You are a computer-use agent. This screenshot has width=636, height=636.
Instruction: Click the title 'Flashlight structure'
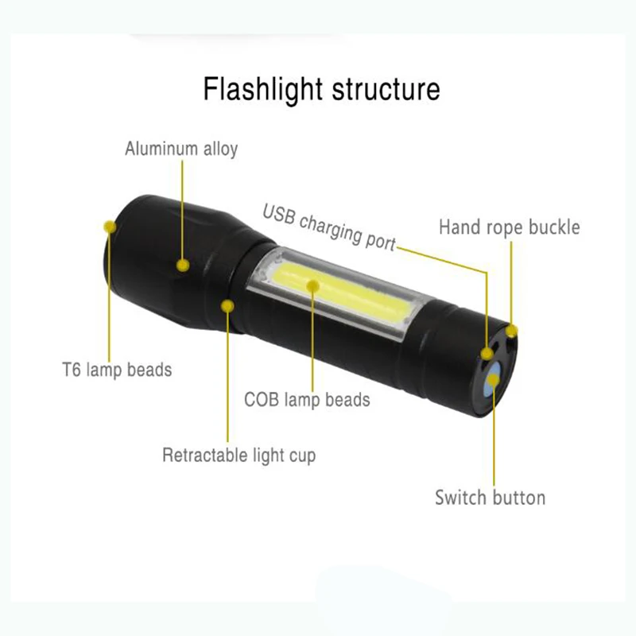click(320, 88)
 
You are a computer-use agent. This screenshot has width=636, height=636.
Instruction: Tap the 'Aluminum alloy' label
click(181, 149)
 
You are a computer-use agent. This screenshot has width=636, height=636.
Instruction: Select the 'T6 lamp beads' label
click(117, 370)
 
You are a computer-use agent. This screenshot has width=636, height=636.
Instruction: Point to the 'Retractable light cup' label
click(238, 456)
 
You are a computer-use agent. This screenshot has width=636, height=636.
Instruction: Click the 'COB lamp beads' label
click(307, 398)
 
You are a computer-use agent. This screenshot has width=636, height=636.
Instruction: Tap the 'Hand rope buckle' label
click(510, 227)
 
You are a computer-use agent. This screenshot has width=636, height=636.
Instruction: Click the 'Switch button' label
click(490, 498)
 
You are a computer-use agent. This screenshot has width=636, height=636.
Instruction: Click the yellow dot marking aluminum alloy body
click(184, 265)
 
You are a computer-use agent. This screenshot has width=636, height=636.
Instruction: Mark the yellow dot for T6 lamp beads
click(110, 227)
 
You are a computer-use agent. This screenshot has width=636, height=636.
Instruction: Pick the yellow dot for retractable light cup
click(228, 304)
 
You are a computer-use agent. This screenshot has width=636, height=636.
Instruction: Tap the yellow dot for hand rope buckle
click(512, 330)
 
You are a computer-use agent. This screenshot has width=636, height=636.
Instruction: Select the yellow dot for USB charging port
click(487, 353)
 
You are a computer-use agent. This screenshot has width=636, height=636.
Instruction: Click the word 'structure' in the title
click(381, 88)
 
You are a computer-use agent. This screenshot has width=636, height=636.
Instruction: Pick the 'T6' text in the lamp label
click(72, 370)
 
